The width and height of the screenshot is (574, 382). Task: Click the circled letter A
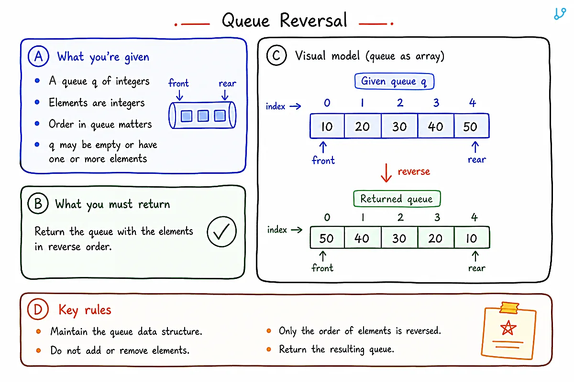38,56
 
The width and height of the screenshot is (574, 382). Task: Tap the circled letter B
38,203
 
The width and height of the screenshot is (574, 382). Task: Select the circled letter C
276,55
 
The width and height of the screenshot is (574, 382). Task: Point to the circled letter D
38,309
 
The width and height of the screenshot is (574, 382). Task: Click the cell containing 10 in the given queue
327,126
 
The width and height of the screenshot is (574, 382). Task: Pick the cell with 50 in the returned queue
327,237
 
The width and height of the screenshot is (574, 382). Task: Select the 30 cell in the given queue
399,126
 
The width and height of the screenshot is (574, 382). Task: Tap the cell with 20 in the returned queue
436,237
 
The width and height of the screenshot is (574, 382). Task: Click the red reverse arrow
386,173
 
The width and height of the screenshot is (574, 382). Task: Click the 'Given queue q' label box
394,81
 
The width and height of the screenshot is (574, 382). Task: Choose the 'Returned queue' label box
397,199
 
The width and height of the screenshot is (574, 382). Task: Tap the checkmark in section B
221,231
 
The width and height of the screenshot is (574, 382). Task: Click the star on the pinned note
508,328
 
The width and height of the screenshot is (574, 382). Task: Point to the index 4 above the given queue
473,103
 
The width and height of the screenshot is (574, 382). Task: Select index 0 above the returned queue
327,217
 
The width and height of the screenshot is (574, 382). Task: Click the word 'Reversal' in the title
313,20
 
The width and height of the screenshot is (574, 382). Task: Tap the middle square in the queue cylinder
203,116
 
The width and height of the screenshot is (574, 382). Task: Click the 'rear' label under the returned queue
476,268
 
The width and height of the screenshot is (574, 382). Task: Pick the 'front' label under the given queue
323,160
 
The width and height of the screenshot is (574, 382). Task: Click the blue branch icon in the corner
560,13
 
